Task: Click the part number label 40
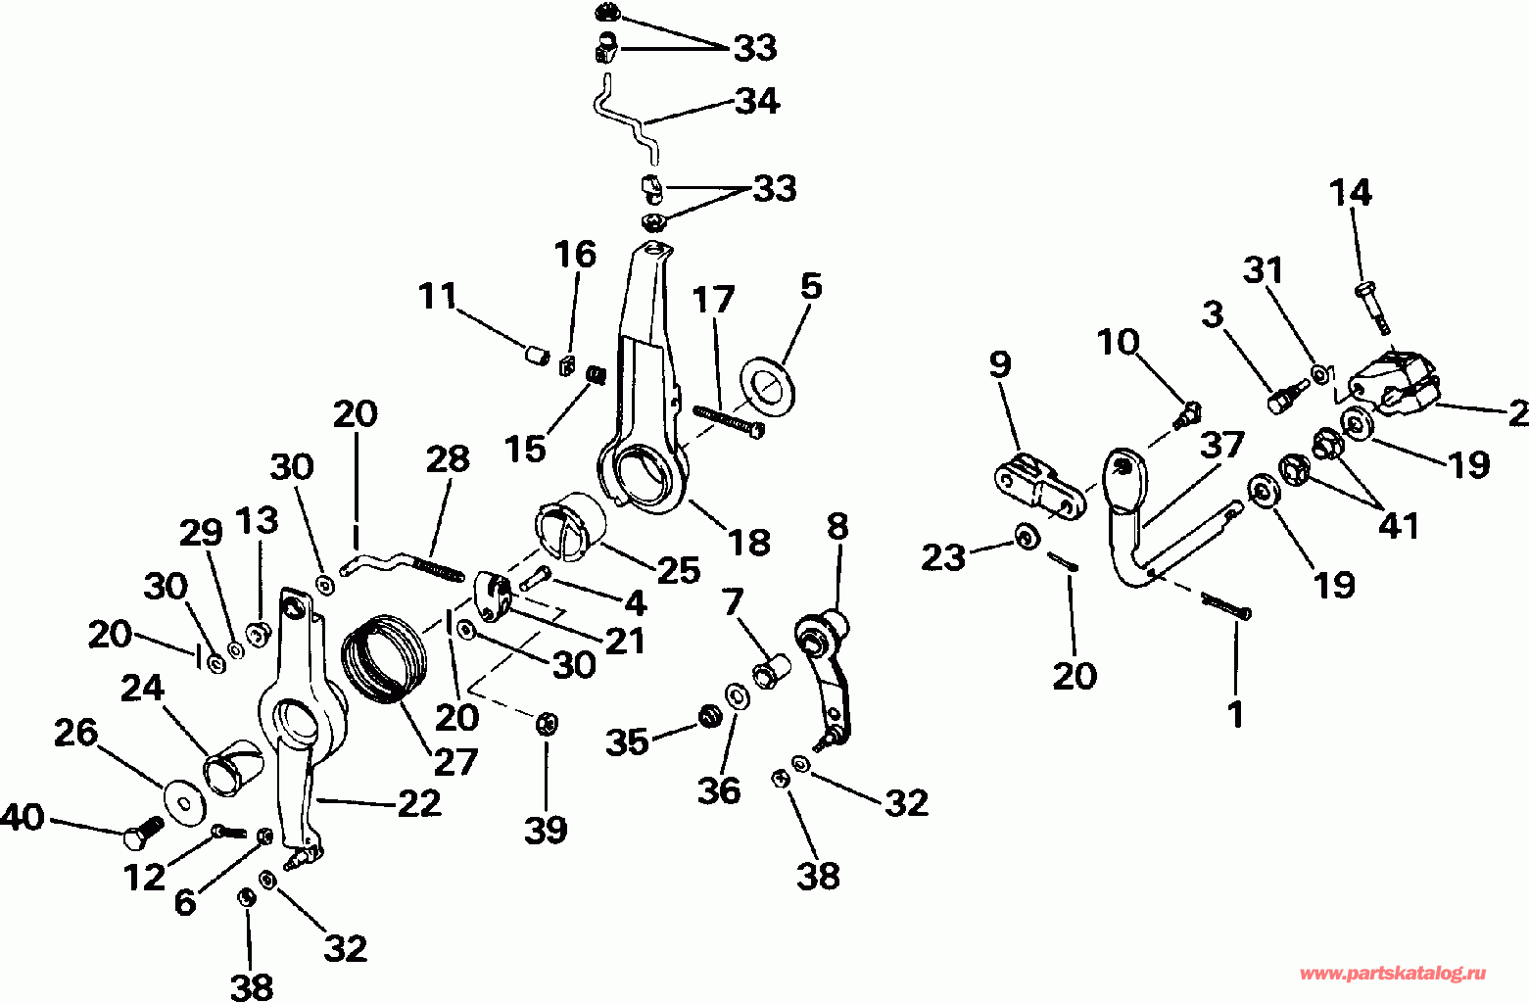[23, 816]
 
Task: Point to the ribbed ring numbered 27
[385, 655]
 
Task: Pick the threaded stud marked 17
[727, 419]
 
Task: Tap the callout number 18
[750, 542]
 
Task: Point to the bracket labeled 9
[1038, 486]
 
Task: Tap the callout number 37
[1222, 446]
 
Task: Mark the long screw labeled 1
[1224, 604]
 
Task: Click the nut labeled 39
[547, 724]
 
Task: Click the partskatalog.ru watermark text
[1392, 973]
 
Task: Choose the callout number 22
[419, 803]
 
